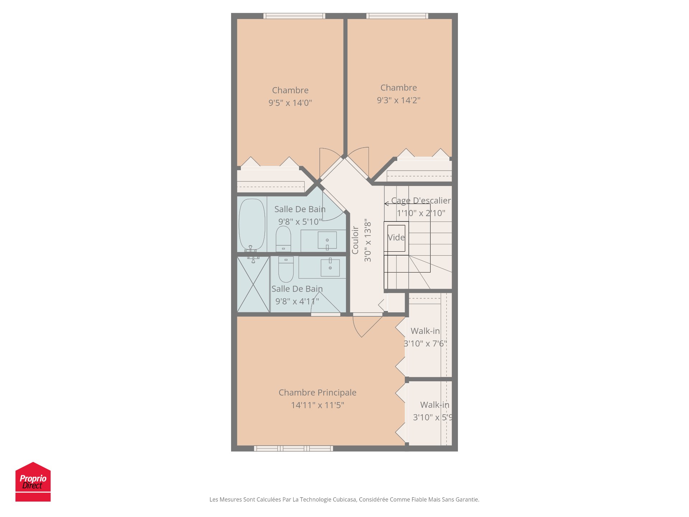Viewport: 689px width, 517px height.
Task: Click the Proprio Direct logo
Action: point(33,481)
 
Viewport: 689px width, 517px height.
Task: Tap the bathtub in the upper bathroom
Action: point(252,224)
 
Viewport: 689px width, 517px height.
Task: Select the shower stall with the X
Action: point(253,284)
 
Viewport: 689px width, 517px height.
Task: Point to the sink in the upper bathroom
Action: point(327,240)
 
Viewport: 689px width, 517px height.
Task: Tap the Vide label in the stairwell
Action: point(396,238)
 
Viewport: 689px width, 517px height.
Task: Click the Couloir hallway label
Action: point(355,240)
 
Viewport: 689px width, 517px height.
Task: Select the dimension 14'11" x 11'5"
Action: point(317,405)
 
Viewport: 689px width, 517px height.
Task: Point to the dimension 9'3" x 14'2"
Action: point(398,100)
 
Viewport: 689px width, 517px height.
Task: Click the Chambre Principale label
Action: point(317,392)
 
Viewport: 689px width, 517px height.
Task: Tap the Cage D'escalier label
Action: point(421,201)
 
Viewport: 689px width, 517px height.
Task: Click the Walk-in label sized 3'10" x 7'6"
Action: point(425,331)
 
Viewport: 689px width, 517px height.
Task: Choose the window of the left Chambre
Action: point(294,16)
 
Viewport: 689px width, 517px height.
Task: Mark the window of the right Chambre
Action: point(397,16)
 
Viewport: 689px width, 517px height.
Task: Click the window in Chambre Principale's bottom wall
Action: point(293,448)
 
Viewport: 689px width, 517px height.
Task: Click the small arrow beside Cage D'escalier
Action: point(386,204)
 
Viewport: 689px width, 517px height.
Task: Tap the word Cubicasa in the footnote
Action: point(344,499)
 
